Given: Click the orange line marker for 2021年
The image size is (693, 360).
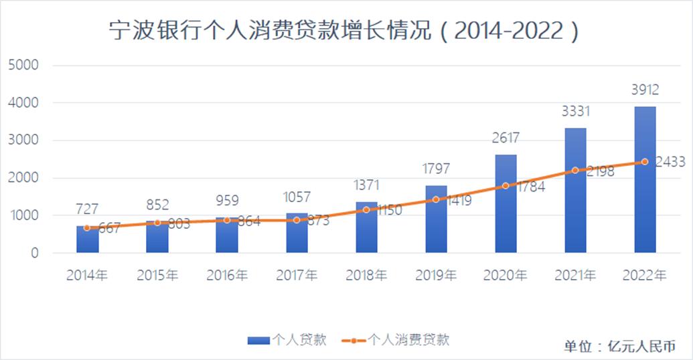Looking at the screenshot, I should click(575, 171).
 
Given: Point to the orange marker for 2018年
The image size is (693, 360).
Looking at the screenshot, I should click(366, 209).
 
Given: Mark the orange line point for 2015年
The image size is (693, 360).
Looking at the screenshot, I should click(157, 222).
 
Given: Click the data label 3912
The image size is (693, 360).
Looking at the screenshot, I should click(645, 90).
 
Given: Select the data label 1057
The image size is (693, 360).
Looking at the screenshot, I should click(297, 197).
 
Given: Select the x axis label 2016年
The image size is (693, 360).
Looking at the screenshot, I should click(227, 275).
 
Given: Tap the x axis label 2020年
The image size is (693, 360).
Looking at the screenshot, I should click(506, 275).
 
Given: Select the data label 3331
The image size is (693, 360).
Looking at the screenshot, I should click(575, 111).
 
